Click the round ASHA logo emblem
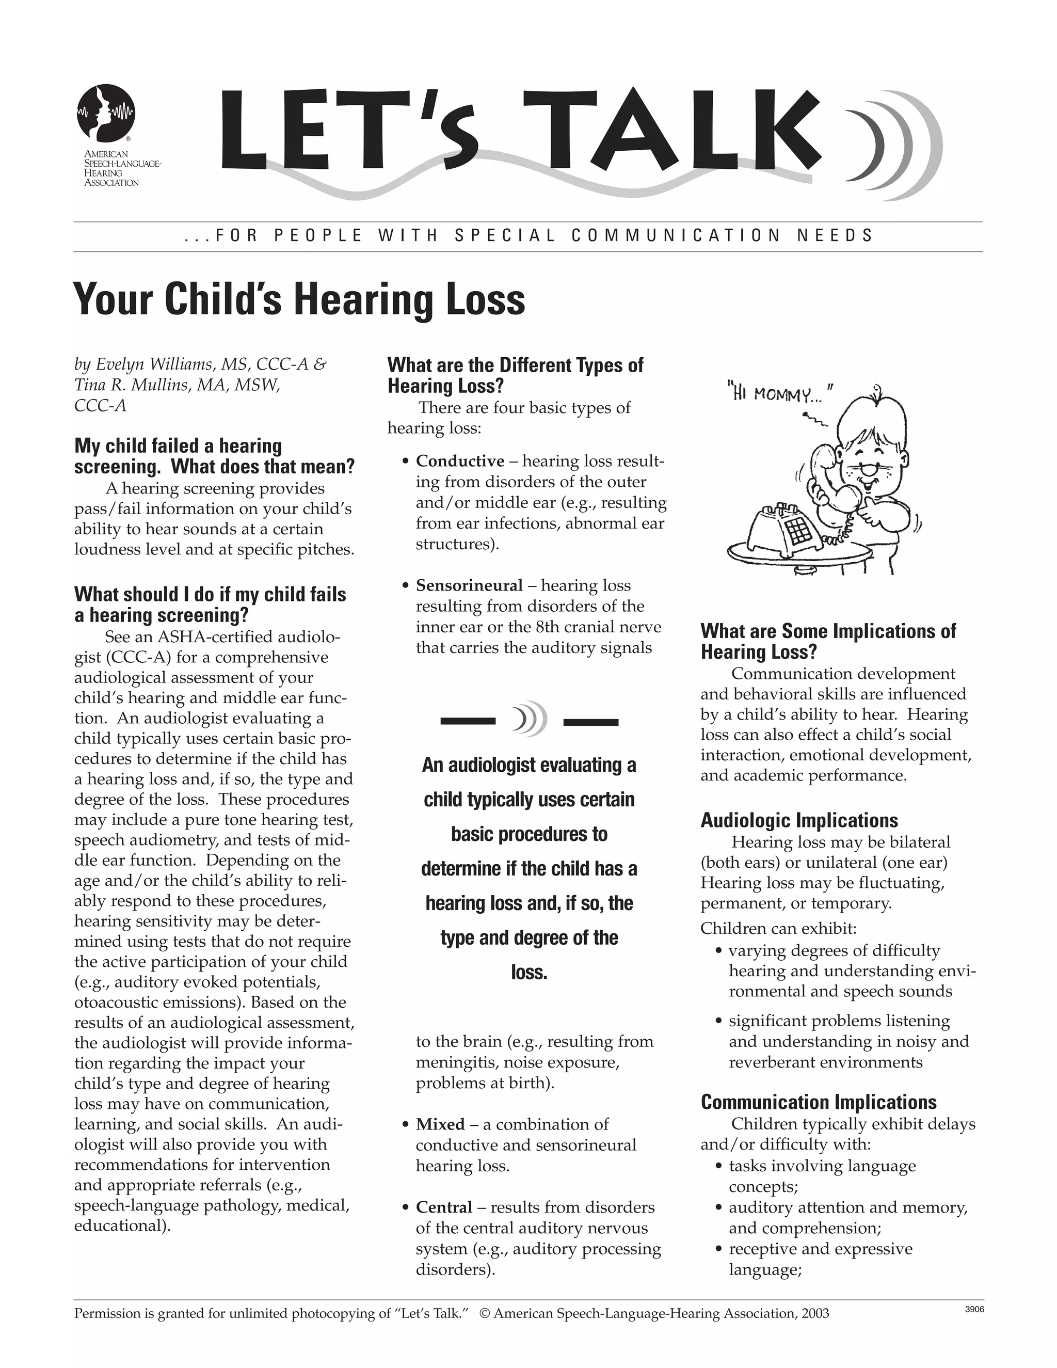[x=106, y=113]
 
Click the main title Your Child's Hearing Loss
[x=299, y=299]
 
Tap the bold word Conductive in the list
[x=460, y=461]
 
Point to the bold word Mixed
[x=440, y=1124]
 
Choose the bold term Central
[x=444, y=1207]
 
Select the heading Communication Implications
[x=819, y=1102]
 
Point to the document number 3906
[x=974, y=1309]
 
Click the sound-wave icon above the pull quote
[x=528, y=719]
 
